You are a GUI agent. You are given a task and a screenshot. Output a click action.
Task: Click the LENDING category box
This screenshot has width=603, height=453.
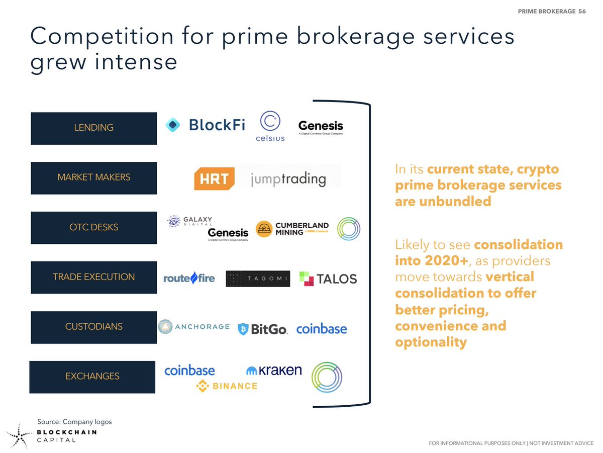pos(93,128)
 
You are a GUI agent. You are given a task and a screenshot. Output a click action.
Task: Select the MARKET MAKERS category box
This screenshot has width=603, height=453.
pos(93,177)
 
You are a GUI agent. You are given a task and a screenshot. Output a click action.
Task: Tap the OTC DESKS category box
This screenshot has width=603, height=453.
pos(93,227)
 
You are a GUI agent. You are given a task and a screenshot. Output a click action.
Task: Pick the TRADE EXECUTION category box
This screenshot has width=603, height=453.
pos(93,277)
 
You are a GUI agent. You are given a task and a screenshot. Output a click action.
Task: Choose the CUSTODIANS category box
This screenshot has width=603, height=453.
pos(93,327)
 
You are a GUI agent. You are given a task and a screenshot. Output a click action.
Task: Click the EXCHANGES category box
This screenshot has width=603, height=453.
pos(92,377)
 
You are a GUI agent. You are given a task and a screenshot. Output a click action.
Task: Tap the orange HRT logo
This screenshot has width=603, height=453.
pos(215,179)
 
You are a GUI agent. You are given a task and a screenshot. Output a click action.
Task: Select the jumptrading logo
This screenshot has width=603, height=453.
pos(288,179)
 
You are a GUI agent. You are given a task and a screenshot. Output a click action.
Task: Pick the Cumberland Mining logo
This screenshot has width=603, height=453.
pos(292,229)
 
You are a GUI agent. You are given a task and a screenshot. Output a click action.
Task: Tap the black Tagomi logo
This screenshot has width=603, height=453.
pos(258,279)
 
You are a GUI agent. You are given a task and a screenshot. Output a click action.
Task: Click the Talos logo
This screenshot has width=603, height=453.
pos(328,279)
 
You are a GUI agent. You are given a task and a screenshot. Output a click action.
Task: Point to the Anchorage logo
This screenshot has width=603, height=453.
pos(194,327)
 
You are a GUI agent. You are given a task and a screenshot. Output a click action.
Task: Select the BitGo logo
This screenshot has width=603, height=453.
pos(262,329)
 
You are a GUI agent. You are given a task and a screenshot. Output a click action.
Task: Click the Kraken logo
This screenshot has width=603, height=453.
pos(274,371)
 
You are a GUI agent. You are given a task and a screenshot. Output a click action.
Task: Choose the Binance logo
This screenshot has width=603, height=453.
pos(227,386)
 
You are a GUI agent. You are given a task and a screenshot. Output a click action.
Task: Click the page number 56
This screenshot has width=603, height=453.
pos(581,11)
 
